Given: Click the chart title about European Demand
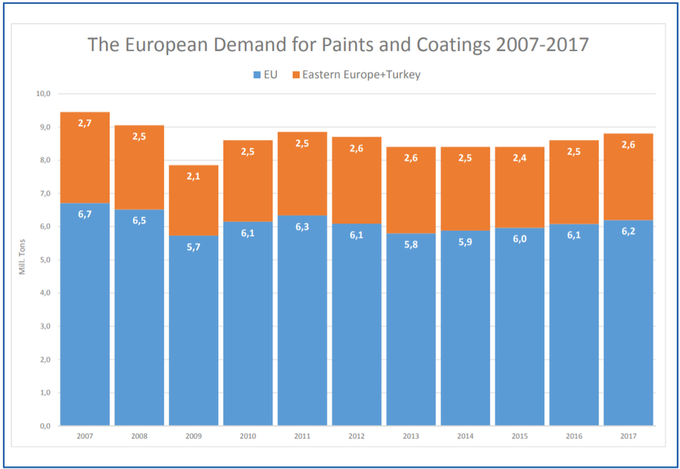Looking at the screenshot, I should click(x=338, y=45).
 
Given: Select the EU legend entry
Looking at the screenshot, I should click(x=265, y=74).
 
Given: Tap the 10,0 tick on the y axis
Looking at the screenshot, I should click(x=44, y=94).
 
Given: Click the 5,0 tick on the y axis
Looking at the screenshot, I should click(x=44, y=260).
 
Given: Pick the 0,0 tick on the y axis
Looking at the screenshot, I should click(x=44, y=426).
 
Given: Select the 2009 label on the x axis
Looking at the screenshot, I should click(x=193, y=436).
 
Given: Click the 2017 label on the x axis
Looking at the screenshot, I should click(x=628, y=436).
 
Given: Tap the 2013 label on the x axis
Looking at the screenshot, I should click(x=411, y=436).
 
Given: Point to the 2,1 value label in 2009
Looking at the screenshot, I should click(x=194, y=177).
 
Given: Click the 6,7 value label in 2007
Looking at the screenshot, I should click(x=85, y=214).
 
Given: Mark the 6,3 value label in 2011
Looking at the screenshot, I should click(x=303, y=227).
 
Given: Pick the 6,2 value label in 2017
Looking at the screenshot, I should click(x=628, y=231).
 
